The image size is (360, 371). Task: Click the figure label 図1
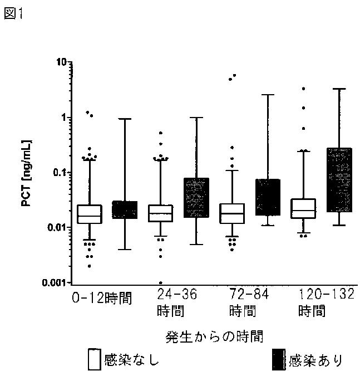[14, 13]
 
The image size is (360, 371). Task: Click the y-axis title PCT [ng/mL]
[27, 173]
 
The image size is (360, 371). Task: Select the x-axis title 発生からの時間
[214, 336]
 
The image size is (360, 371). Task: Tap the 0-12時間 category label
[102, 298]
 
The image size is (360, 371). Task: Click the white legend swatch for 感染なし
[95, 359]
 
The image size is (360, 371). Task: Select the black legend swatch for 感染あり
[279, 359]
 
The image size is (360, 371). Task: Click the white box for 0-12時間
[90, 214]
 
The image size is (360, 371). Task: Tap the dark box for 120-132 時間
[339, 180]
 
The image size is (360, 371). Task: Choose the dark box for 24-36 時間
[196, 198]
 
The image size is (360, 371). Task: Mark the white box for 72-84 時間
[232, 213]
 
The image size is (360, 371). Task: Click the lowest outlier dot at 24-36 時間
[160, 282]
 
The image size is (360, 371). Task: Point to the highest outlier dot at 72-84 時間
[234, 75]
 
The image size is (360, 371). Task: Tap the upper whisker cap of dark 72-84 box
[268, 95]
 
